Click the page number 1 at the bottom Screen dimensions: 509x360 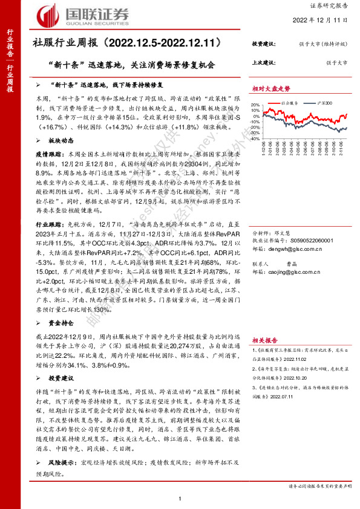coord(181,499)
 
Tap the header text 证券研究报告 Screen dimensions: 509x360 coord(333,5)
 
